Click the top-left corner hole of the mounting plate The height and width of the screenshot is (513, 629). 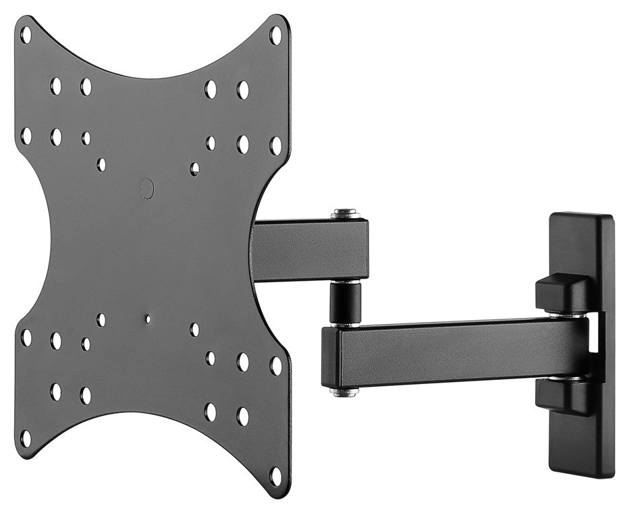26,34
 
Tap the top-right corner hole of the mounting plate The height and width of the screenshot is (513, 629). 275,34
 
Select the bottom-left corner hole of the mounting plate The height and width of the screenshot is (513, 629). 26,438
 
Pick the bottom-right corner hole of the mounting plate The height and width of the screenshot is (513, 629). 275,475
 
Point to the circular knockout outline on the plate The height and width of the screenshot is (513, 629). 147,188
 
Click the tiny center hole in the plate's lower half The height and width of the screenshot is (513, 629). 147,317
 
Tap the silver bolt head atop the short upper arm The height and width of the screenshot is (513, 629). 345,214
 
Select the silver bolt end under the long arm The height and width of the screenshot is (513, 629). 344,391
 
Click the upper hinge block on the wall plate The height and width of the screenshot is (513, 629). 564,293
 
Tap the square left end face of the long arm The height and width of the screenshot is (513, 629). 331,358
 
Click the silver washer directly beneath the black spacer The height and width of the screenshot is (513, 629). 345,325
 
